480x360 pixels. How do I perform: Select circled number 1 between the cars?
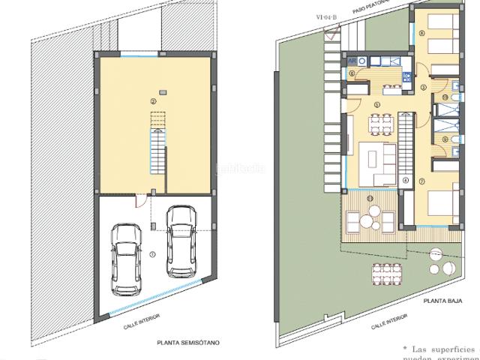[x=153, y=254]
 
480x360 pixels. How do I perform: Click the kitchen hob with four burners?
[x=406, y=76]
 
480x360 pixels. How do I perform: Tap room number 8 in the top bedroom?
[x=423, y=33]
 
